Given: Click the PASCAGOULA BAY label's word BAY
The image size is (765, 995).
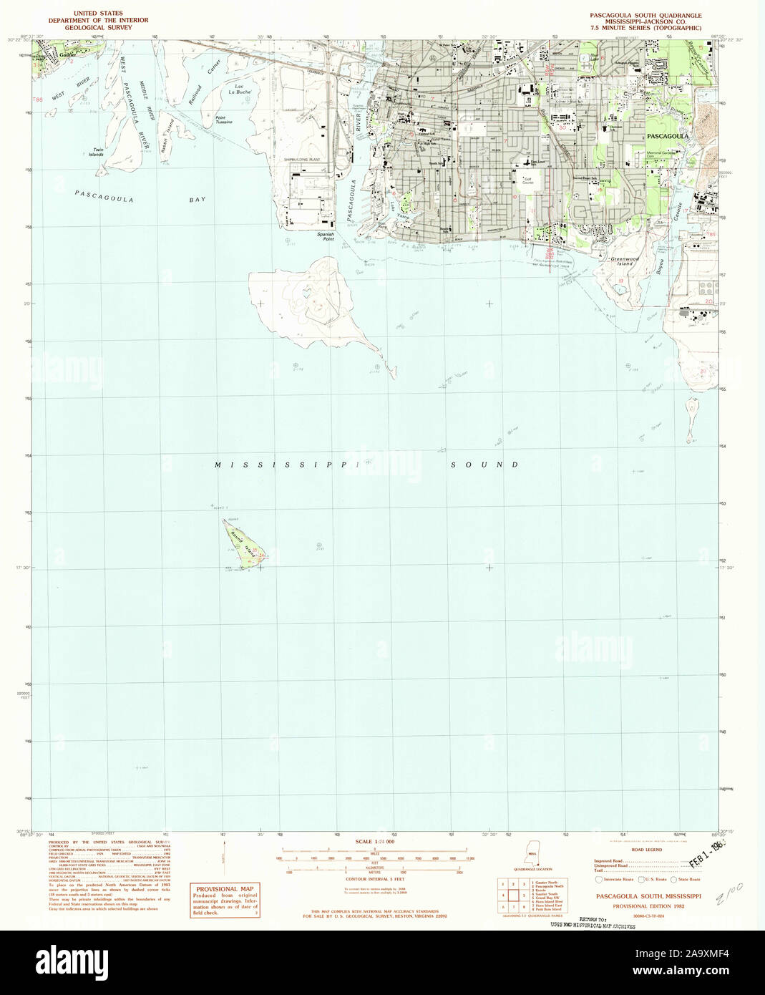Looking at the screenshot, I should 198,199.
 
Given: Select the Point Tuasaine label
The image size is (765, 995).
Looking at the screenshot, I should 224,120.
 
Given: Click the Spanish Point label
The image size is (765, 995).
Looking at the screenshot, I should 326,236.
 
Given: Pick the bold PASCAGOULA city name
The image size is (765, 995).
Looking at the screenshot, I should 667,135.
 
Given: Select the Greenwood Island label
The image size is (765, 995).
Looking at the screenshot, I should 622,261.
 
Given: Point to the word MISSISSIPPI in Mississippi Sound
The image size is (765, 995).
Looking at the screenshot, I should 286,465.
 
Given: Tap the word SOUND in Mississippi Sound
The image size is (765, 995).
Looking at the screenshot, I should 484,465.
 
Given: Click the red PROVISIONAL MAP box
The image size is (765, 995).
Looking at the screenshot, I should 225,900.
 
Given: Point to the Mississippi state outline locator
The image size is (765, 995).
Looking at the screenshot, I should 532,853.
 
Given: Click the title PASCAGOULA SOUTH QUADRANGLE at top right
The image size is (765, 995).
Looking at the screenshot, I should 645,15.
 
